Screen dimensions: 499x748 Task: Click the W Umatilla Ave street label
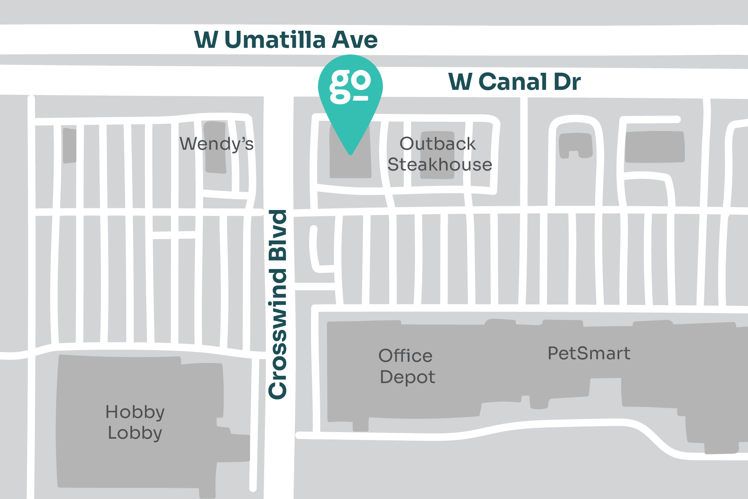pos(286,40)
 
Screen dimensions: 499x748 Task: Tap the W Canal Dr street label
pos(514,82)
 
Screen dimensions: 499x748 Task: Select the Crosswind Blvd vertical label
pos(278,304)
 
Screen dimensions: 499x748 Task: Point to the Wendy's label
pos(216,144)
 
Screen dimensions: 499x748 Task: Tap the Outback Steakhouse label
pos(439,154)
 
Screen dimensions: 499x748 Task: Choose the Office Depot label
pos(407,366)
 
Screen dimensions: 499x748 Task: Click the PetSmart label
pos(589,353)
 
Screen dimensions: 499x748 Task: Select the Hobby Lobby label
pos(135,422)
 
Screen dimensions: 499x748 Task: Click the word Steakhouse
pos(440,165)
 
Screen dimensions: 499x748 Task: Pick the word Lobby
pos(135,433)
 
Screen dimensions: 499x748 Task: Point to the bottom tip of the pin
pos(351,153)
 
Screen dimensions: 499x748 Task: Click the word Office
pos(405,356)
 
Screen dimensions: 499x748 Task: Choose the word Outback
pos(437,144)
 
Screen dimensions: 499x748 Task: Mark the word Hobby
pos(135,412)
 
